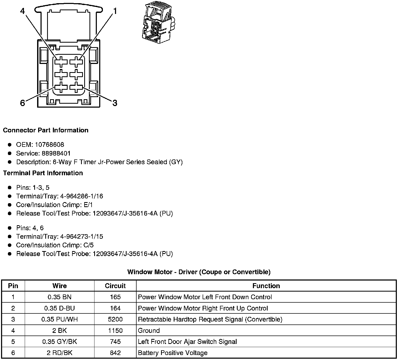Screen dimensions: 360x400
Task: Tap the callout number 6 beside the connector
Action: [23, 103]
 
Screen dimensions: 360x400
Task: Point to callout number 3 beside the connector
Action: [115, 103]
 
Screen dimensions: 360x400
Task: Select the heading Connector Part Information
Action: [46, 130]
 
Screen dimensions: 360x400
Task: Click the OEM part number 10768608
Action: [49, 145]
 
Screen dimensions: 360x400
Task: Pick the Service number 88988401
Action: [56, 153]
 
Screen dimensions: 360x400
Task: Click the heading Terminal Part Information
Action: [43, 173]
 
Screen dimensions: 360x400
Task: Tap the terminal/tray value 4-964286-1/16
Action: [82, 196]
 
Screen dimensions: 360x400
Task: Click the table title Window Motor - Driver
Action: [199, 272]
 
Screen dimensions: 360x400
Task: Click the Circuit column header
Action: [115, 286]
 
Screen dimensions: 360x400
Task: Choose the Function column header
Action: [266, 286]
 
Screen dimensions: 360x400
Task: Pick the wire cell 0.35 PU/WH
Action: [59, 319]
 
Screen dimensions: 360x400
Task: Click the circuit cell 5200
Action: [115, 319]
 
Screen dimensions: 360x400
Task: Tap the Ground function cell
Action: [149, 331]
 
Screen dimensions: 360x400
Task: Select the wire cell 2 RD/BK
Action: [59, 353]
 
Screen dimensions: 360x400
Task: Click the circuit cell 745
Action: [115, 342]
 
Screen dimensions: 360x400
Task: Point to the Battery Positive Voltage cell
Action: [173, 353]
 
